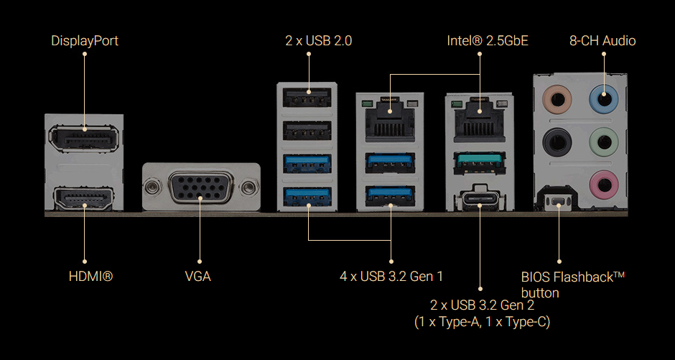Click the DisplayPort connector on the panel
pos(83,137)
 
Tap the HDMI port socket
pos(83,198)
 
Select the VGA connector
pos(199,188)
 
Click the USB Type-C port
pos(479,198)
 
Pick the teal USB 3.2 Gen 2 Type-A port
pos(479,162)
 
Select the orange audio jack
pos(556,98)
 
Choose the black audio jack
pos(556,141)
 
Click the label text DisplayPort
pos(85,41)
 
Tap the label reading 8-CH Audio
pos(602,41)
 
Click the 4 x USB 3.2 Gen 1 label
pos(391,276)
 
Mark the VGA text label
pos(197,276)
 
